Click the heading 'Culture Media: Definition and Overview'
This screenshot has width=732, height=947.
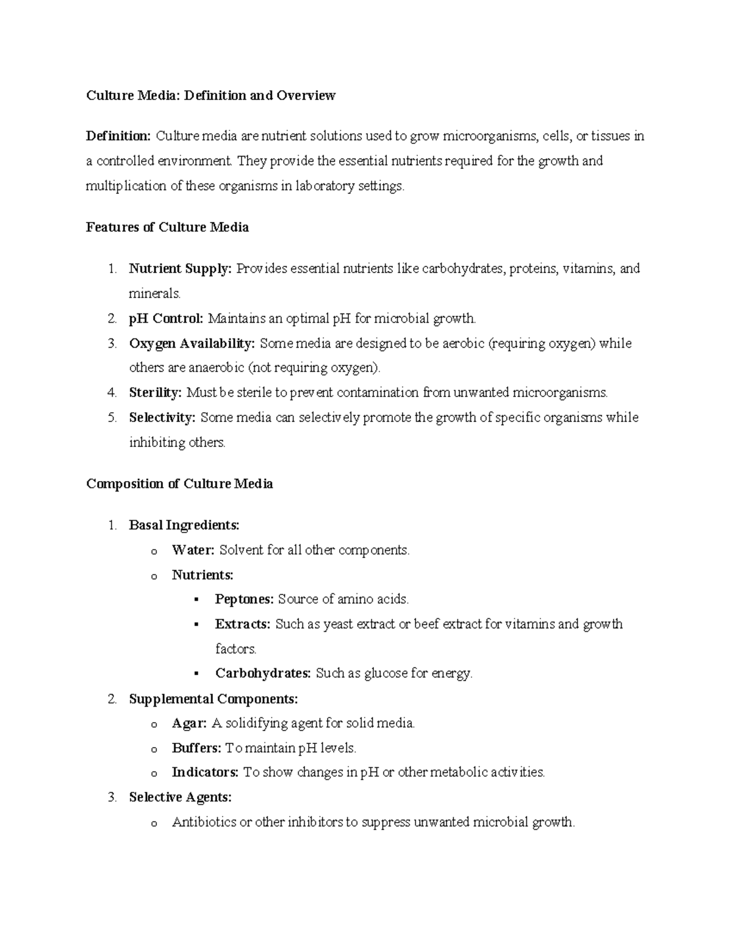coord(210,96)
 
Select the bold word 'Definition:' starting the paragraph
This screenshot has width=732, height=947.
coord(118,136)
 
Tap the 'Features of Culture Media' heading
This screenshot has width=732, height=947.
coord(167,227)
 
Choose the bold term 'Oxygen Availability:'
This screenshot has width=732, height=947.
coord(192,343)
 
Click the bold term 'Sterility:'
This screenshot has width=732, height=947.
coord(156,393)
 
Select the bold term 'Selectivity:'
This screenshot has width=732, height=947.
coord(162,418)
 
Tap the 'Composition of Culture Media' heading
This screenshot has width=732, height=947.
coord(179,484)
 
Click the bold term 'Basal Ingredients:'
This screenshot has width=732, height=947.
coord(184,525)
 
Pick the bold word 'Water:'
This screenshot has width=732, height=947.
coord(193,550)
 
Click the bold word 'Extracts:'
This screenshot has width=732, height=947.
coord(242,624)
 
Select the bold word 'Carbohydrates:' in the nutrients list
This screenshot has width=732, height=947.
coord(263,674)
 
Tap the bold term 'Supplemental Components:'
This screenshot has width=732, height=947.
coord(213,699)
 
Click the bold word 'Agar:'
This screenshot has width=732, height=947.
coord(189,724)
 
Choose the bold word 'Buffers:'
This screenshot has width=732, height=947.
coord(196,748)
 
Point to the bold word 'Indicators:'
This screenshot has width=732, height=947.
coord(205,773)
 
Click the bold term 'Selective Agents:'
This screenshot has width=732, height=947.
coord(181,798)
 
